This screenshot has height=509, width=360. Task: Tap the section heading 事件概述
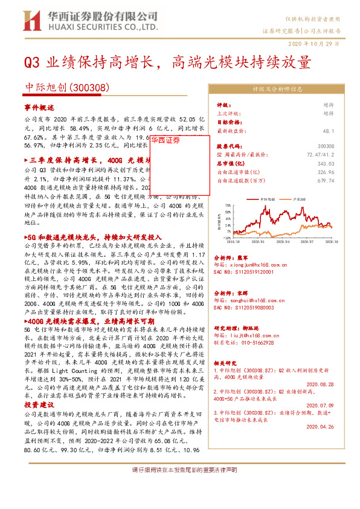click(39, 106)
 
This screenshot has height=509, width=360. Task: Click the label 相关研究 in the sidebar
click(228, 364)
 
